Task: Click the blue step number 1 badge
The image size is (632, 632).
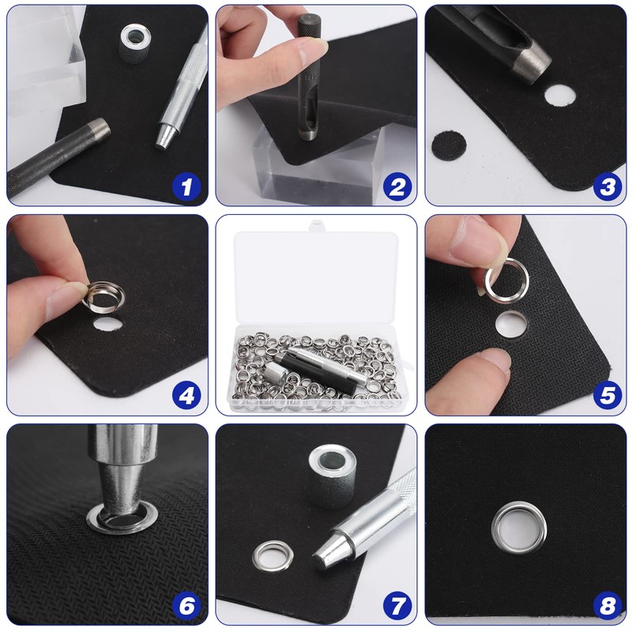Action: pos(186,187)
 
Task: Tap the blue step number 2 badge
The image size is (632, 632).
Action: pos(397,187)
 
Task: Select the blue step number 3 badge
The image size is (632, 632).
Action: pos(608,187)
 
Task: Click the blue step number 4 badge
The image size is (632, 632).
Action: pos(186,396)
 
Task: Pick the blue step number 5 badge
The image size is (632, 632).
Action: pos(608,396)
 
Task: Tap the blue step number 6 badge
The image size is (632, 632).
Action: pos(186,605)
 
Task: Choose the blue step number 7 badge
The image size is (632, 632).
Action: pos(397,605)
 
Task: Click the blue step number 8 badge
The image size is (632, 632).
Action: pos(608,605)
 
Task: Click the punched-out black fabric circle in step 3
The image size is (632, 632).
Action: pos(449,146)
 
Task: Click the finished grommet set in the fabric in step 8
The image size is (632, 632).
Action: pos(519,528)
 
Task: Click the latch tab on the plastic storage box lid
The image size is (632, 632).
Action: pos(317,225)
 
